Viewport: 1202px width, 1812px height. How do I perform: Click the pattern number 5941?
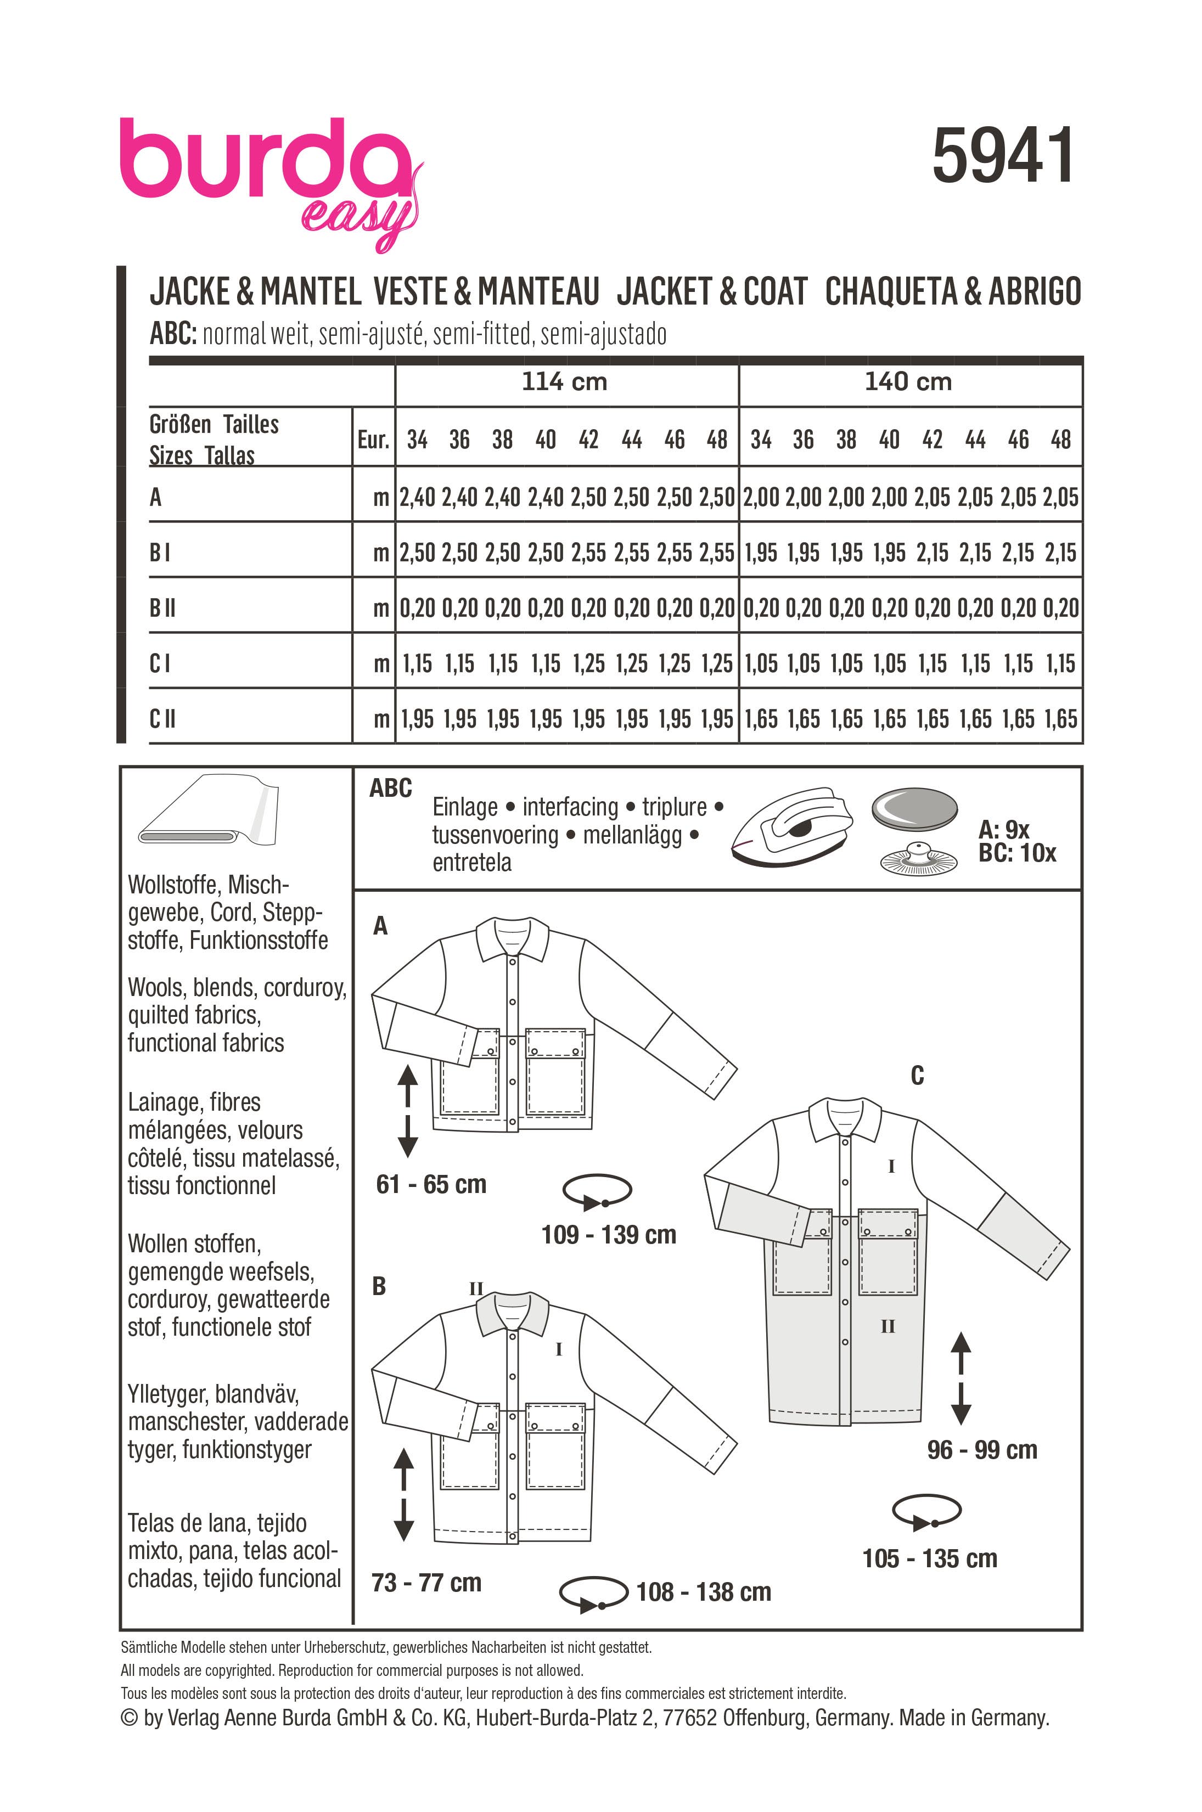pos(1003,156)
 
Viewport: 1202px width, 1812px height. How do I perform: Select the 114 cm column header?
pos(564,382)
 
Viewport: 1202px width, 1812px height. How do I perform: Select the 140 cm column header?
pos(908,382)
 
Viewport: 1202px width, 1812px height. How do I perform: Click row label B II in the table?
pos(162,608)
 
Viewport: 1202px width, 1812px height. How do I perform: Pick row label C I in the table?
pos(160,663)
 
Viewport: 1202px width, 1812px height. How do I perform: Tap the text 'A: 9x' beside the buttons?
pos(1003,829)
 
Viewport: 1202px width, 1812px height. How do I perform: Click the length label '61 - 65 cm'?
pos(431,1184)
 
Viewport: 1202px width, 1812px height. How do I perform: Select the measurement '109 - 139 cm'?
pos(609,1235)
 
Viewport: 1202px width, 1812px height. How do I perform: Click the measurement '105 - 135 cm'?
pos(929,1558)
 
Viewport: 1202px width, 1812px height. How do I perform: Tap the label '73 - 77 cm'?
pos(426,1582)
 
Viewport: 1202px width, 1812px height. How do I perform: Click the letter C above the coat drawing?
pos(917,1076)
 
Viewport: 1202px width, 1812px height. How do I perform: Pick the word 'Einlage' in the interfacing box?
pos(465,807)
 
